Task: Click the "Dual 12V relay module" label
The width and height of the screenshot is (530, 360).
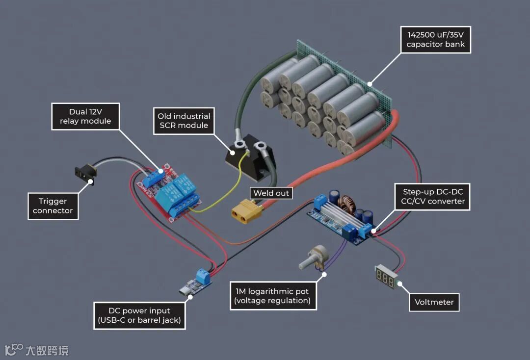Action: [x=85, y=116]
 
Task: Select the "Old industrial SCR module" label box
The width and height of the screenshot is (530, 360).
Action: [x=184, y=121]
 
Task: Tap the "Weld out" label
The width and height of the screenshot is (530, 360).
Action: [x=271, y=193]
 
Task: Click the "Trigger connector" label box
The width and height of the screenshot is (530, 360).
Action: [x=53, y=206]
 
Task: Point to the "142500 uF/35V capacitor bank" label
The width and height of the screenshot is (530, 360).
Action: [x=435, y=40]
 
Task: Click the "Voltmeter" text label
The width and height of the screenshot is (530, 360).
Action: [x=435, y=302]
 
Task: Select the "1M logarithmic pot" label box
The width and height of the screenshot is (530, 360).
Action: [x=273, y=296]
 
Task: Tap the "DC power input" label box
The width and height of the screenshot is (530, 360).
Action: [x=139, y=315]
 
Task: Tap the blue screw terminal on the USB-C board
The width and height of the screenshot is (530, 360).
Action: [x=203, y=278]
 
